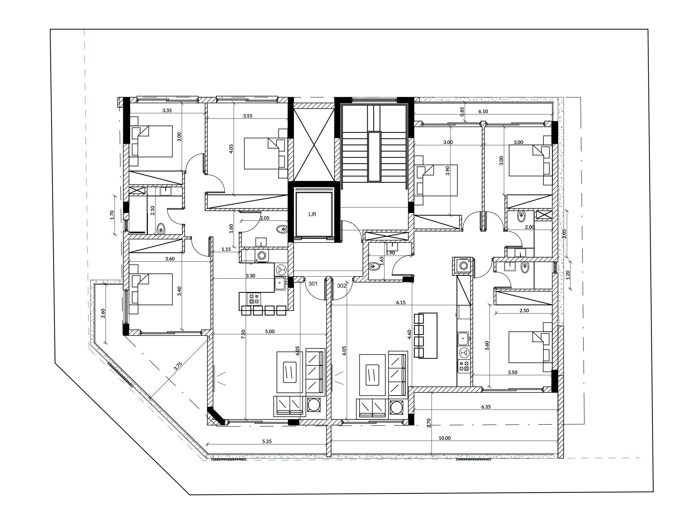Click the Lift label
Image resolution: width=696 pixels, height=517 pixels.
(312, 214)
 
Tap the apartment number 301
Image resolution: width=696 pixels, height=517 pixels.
(313, 284)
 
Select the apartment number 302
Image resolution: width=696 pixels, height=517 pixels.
(342, 286)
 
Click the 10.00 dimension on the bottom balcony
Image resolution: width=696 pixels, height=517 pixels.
(444, 438)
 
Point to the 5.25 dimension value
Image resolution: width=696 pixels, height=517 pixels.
(267, 441)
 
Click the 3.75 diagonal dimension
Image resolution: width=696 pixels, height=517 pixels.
(178, 367)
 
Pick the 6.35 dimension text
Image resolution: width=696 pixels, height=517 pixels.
(486, 407)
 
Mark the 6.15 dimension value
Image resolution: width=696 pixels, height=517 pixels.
(401, 303)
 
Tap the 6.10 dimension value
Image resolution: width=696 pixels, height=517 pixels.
(483, 112)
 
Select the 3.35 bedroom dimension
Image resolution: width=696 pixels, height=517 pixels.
(167, 110)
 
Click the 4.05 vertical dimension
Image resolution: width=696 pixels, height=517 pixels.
(231, 149)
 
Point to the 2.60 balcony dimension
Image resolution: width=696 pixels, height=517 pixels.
(103, 314)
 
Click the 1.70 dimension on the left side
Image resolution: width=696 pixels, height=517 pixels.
(112, 215)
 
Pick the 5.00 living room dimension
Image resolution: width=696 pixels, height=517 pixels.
(270, 331)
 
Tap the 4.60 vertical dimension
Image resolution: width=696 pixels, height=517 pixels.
(409, 335)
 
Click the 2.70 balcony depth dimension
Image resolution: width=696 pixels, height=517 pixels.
(429, 423)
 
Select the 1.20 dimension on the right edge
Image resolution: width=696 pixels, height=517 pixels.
(568, 275)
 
